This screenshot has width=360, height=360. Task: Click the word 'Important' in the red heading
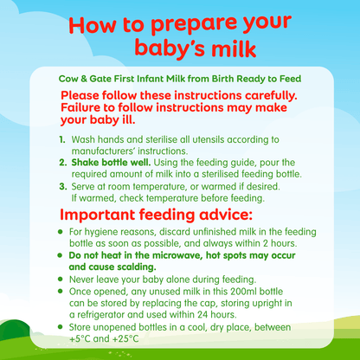pos(105,214)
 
